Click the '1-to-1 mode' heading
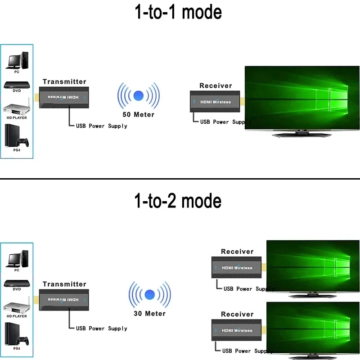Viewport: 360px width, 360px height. tap(179, 12)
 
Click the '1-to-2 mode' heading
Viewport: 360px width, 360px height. tap(179, 201)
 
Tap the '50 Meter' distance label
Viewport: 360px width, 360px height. tap(138, 114)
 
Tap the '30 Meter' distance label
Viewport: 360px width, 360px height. tap(149, 313)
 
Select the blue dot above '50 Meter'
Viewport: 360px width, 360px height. tap(138, 96)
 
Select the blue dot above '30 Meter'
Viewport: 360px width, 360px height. tap(149, 295)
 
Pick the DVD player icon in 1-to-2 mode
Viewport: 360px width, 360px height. tap(17, 283)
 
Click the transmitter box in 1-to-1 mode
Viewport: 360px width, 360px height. tap(67, 97)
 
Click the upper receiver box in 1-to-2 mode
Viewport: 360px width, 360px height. tap(238, 268)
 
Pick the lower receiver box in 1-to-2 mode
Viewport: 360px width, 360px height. tap(238, 330)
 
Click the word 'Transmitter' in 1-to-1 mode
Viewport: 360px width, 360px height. tap(64, 81)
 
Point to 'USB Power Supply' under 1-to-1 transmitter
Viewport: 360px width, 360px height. tap(101, 126)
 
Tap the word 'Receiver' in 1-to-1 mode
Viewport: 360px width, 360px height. tap(216, 85)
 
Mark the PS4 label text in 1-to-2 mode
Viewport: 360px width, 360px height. tap(17, 349)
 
